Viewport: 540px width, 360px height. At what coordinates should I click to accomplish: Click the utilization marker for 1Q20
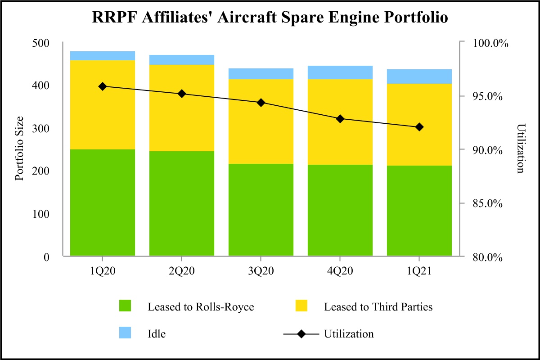coord(103,86)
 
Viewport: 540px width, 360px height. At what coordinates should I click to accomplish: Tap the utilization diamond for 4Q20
coord(340,119)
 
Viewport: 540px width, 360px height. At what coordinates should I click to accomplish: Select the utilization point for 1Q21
coord(419,127)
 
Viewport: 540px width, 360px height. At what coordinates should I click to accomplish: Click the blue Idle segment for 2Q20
coord(182,60)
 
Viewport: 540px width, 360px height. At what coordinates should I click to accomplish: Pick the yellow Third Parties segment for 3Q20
coord(261,121)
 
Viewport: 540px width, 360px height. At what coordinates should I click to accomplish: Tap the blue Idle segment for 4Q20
coord(340,72)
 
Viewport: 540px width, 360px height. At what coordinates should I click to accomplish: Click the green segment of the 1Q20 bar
coord(103,202)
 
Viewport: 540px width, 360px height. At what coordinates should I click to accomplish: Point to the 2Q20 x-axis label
coord(182,272)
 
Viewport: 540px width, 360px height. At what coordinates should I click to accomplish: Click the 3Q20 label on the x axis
coord(261,272)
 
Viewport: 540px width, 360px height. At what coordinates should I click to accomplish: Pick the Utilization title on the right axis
coord(521,148)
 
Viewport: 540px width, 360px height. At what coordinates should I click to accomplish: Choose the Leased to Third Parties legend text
coord(378,307)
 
